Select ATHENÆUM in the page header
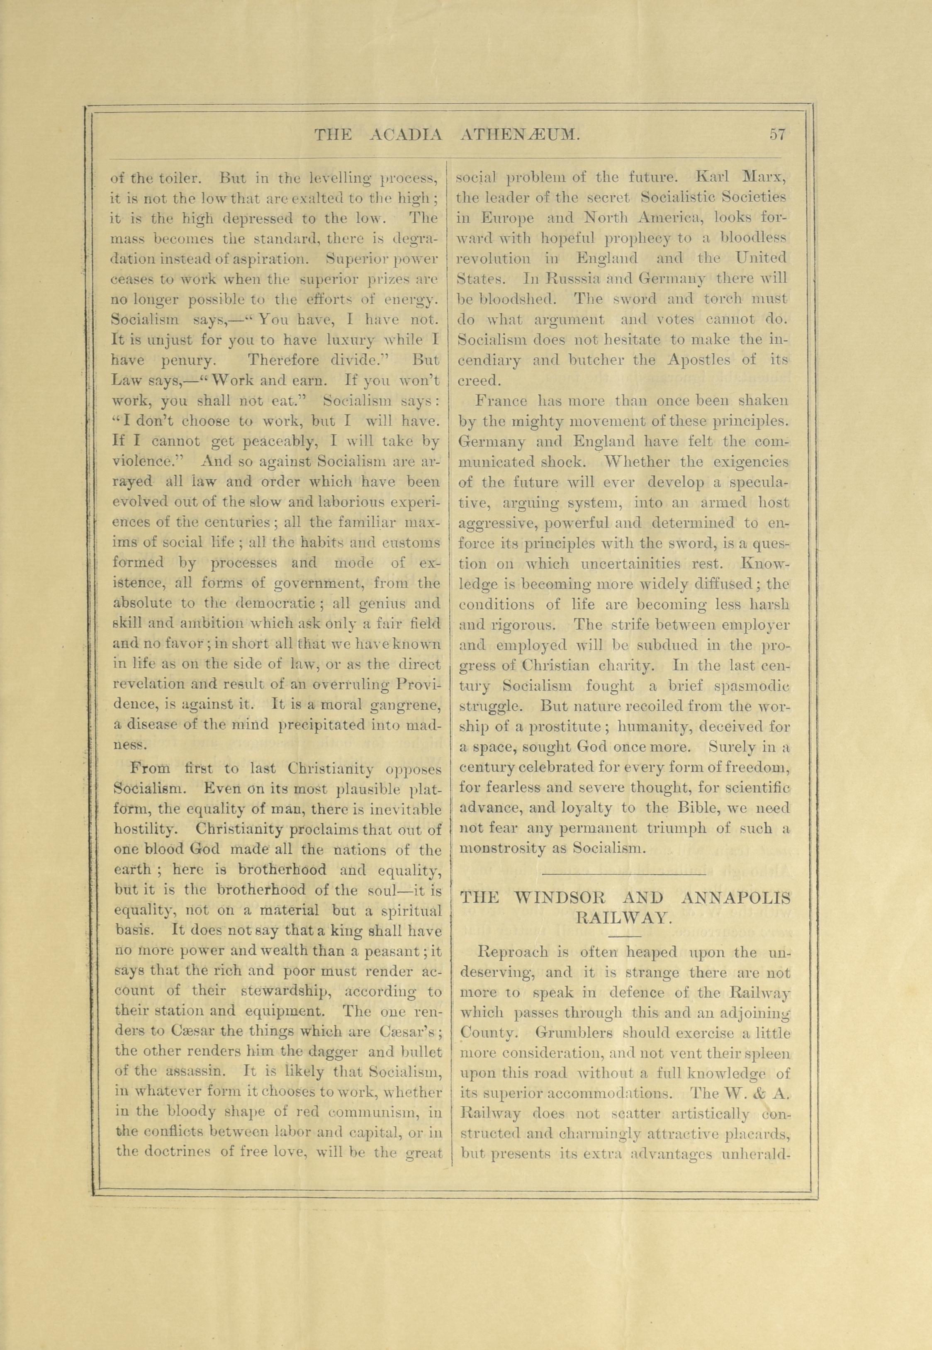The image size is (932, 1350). (x=520, y=136)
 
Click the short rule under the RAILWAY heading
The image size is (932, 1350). (x=624, y=935)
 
